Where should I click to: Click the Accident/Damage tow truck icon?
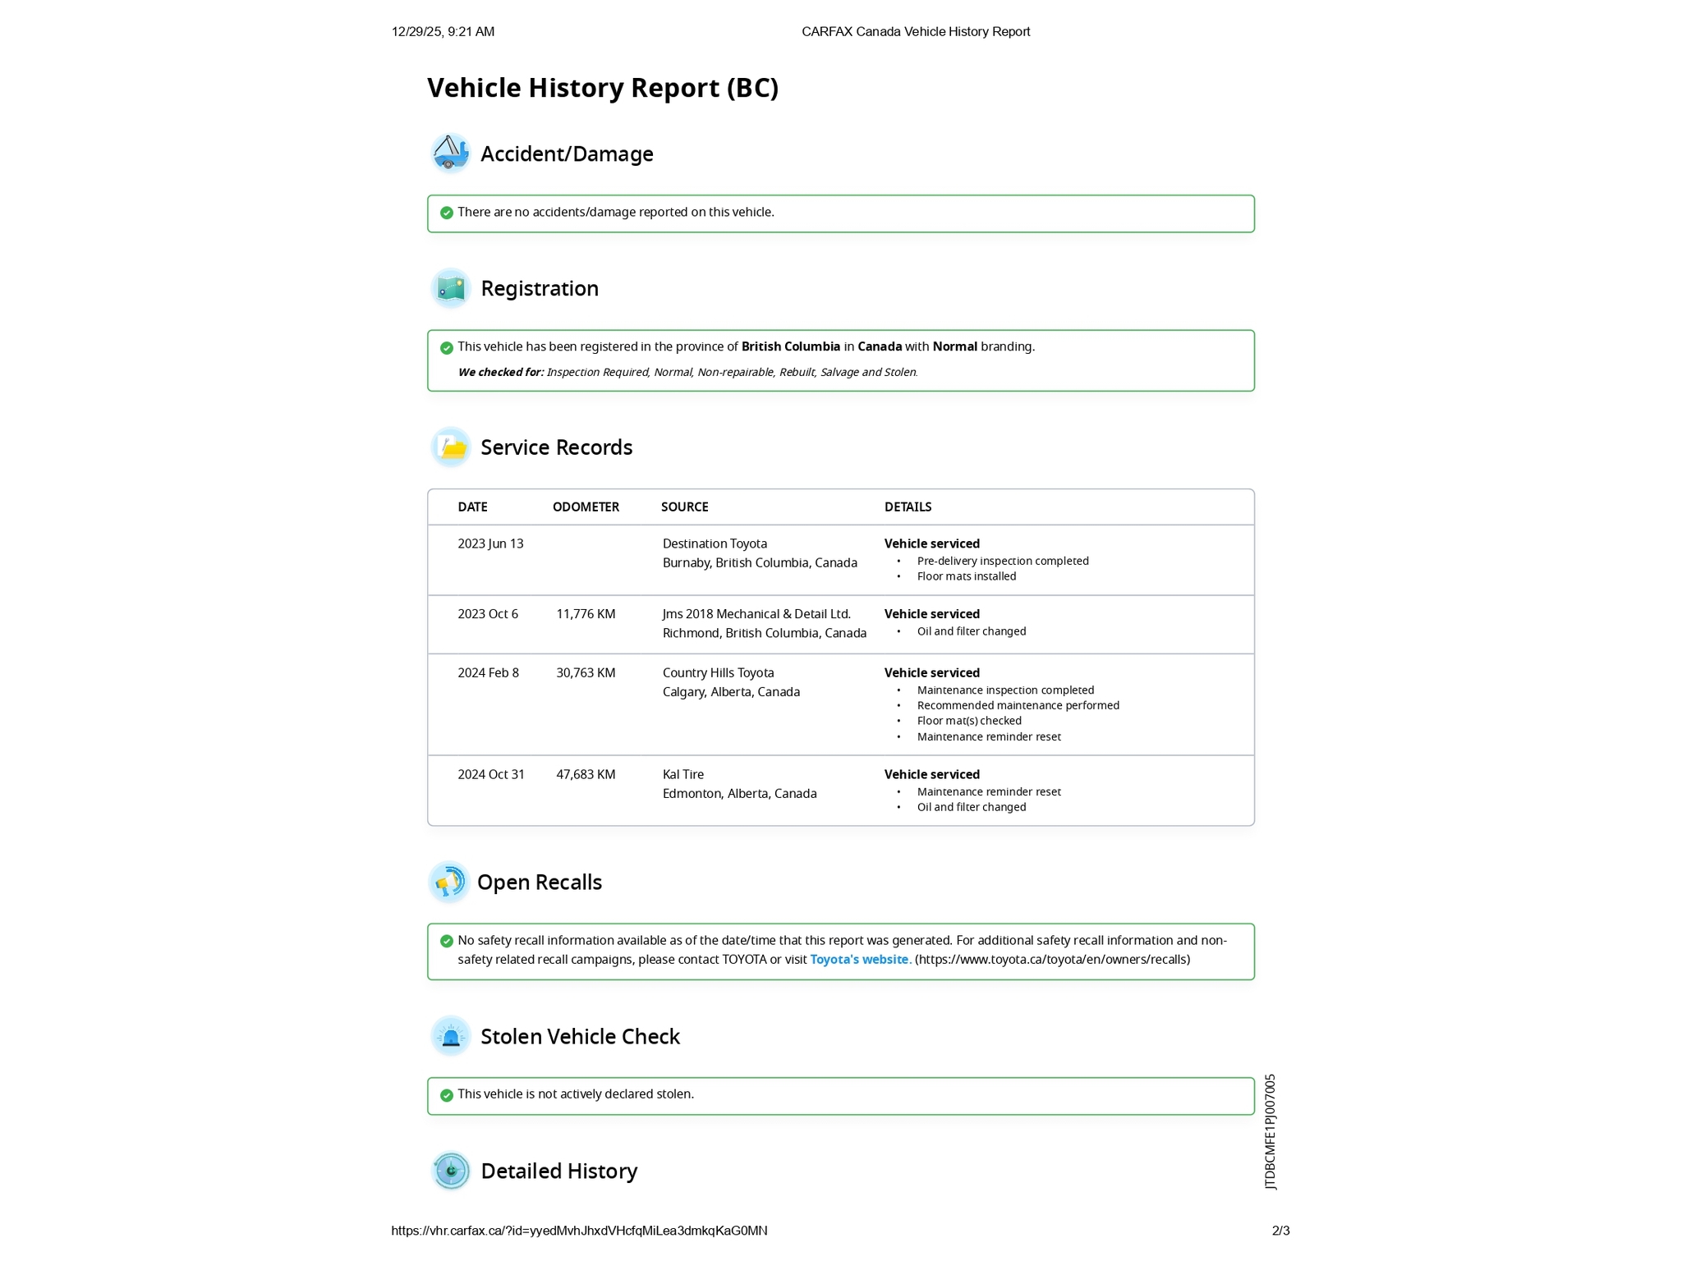pyautogui.click(x=450, y=154)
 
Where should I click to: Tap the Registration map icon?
pyautogui.click(x=450, y=288)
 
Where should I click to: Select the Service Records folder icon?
pyautogui.click(x=450, y=447)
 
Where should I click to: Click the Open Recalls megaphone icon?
pyautogui.click(x=448, y=883)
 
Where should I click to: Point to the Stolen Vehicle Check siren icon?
pyautogui.click(x=450, y=1036)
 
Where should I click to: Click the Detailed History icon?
pyautogui.click(x=450, y=1171)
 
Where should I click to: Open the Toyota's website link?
pyautogui.click(x=859, y=960)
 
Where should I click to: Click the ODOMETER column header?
pyautogui.click(x=586, y=507)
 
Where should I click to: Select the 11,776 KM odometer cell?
pyautogui.click(x=586, y=614)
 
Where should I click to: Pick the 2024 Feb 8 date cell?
pyautogui.click(x=488, y=673)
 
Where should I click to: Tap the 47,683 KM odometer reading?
pyautogui.click(x=586, y=775)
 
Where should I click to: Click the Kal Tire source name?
pyautogui.click(x=682, y=775)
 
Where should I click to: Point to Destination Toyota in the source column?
pyautogui.click(x=715, y=544)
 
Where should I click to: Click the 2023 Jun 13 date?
pyautogui.click(x=490, y=544)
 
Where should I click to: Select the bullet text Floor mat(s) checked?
pyautogui.click(x=969, y=722)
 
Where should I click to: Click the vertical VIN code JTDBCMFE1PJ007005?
pyautogui.click(x=1271, y=1131)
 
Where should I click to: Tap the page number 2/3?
pyautogui.click(x=1280, y=1231)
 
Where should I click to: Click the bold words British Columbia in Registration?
pyautogui.click(x=790, y=347)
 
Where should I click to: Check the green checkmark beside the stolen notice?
pyautogui.click(x=447, y=1095)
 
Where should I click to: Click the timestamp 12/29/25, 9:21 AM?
pyautogui.click(x=443, y=32)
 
